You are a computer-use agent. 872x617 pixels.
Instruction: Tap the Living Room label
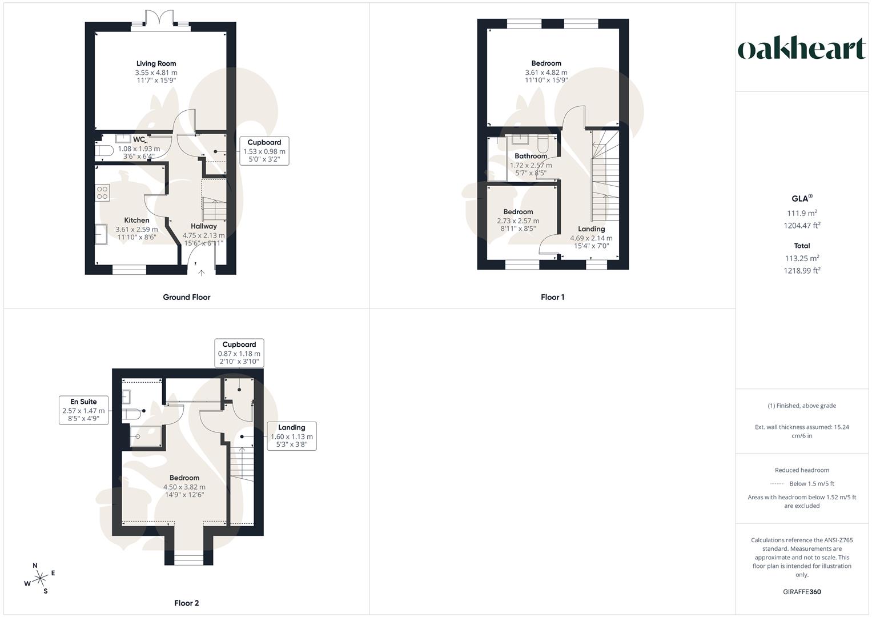[156, 63]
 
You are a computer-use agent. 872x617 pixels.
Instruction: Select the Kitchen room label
[136, 220]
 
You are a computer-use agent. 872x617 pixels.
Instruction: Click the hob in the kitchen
[102, 193]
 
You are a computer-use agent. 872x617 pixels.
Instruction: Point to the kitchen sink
[102, 234]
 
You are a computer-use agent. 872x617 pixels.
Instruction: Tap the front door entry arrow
[201, 273]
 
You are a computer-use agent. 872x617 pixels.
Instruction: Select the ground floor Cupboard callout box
[264, 151]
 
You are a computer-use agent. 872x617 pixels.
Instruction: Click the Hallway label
[203, 226]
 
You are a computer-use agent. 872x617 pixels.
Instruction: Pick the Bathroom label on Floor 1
[531, 156]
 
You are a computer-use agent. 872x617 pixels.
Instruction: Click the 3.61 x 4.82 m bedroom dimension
[546, 73]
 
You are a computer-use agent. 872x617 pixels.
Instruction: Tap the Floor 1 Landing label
[591, 229]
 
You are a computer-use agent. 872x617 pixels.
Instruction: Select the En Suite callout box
[83, 410]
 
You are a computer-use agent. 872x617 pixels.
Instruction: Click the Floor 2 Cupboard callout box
[239, 353]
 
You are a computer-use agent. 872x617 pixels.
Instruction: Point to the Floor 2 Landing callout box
[291, 436]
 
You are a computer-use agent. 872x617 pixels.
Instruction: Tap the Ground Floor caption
[187, 297]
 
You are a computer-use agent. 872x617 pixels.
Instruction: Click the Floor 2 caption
[187, 603]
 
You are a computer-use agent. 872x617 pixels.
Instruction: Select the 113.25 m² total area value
[802, 258]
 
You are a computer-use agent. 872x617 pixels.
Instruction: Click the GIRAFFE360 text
[802, 592]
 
